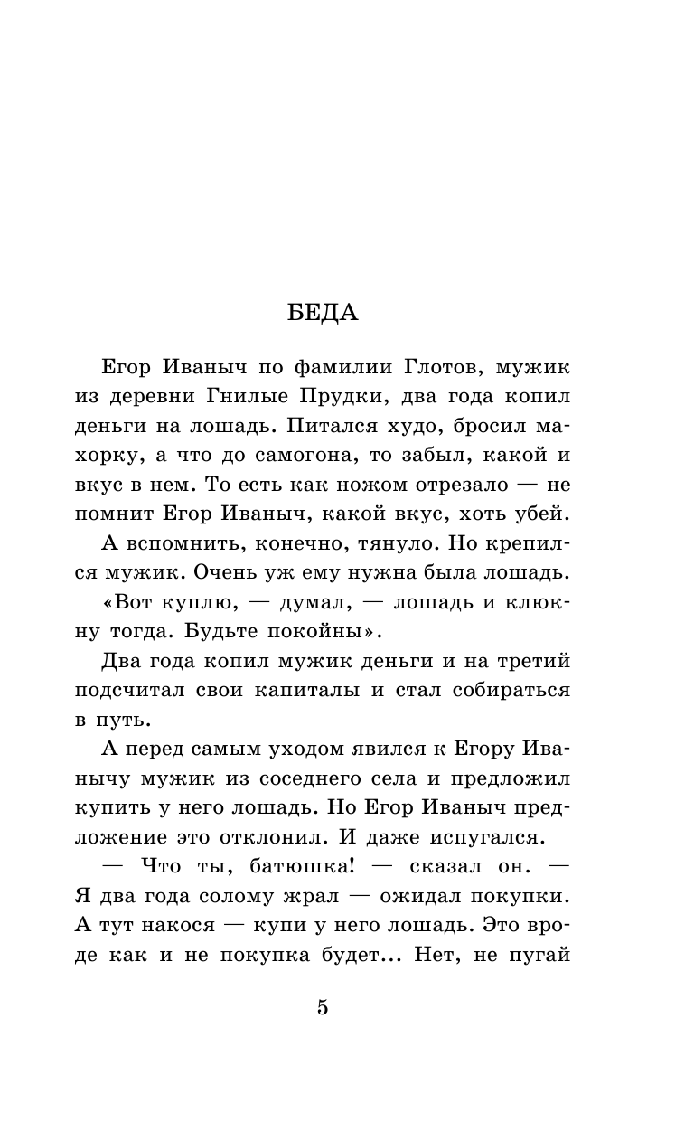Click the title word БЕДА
coord(323,313)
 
